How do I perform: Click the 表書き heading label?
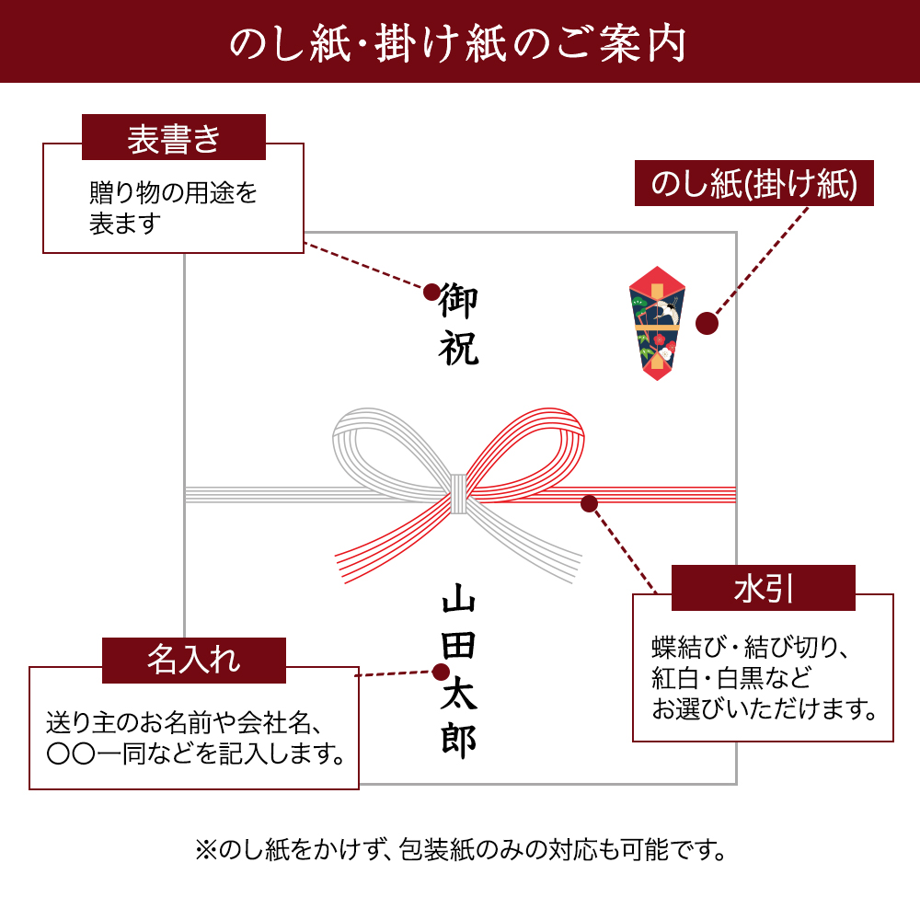174,137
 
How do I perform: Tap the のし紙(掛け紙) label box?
754,183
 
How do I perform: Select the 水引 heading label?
764,588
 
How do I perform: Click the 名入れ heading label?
193,660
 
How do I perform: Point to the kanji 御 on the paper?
459,301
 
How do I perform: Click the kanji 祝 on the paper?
459,348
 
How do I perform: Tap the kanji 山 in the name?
459,599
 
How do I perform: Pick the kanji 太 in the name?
459,693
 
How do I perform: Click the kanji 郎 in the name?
459,741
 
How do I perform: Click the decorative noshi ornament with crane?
657,323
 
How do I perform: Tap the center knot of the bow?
458,493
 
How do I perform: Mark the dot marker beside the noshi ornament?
707,323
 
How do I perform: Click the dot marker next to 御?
431,292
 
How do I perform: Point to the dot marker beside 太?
441,672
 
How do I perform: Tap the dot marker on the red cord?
589,503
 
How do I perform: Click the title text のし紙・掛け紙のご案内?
458,43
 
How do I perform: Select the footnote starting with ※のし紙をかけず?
461,849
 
